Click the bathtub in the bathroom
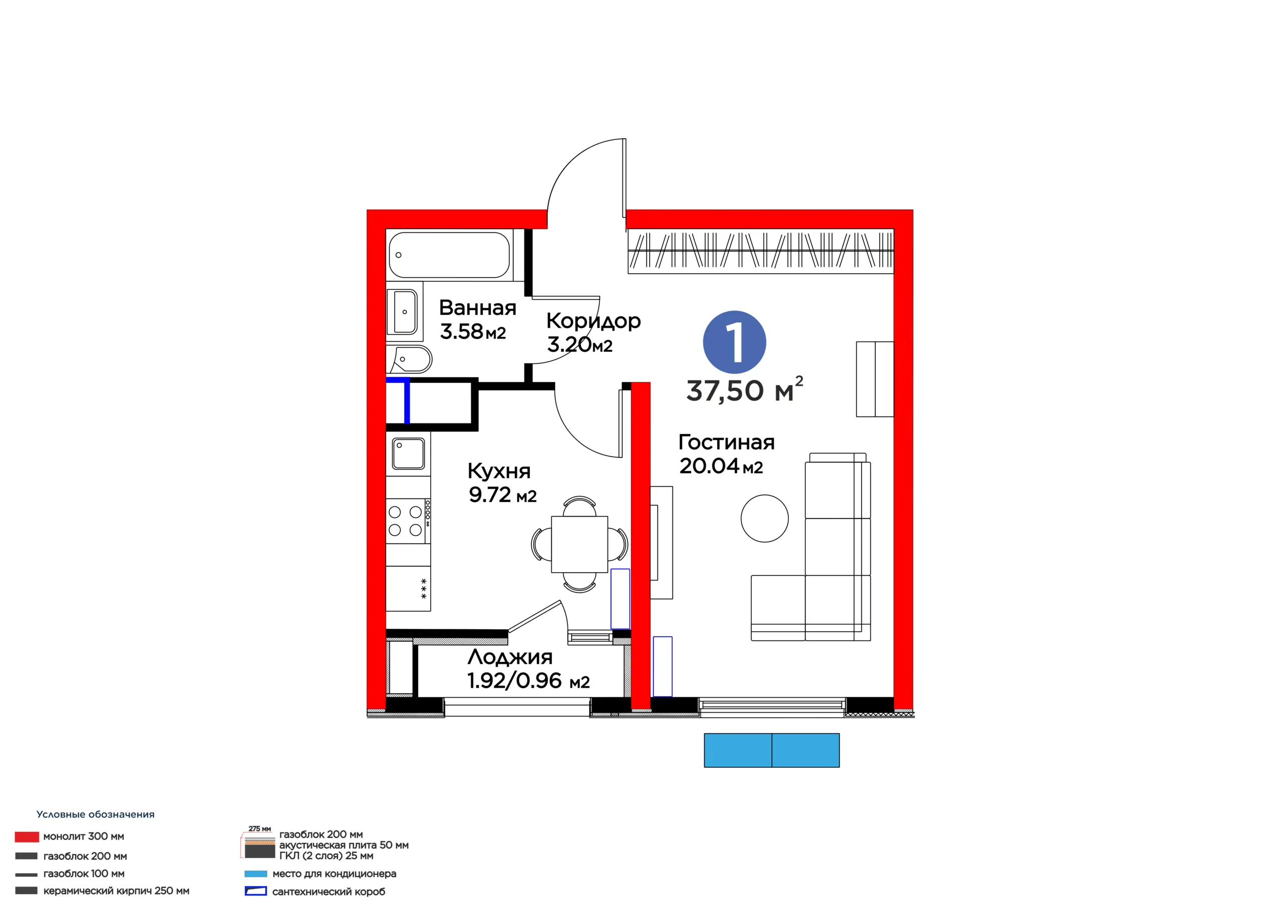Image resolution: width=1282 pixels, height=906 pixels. pyautogui.click(x=450, y=255)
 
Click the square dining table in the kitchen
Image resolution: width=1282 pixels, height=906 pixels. pyautogui.click(x=579, y=544)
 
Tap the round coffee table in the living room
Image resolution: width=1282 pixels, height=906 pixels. pyautogui.click(x=764, y=518)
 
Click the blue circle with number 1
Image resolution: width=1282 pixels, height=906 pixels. pyautogui.click(x=734, y=342)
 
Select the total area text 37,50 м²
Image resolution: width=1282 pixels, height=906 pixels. pyautogui.click(x=745, y=389)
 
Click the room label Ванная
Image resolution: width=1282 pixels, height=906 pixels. pyautogui.click(x=477, y=307)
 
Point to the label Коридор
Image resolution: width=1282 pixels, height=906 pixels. pyautogui.click(x=593, y=321)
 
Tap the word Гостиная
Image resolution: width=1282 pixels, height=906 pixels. pyautogui.click(x=727, y=442)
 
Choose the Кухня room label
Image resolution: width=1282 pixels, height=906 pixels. pyautogui.click(x=499, y=472)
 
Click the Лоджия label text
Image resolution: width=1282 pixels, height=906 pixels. pyautogui.click(x=510, y=658)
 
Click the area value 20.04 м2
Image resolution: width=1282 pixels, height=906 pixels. pyautogui.click(x=721, y=466)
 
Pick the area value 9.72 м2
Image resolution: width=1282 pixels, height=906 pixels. pyautogui.click(x=502, y=495)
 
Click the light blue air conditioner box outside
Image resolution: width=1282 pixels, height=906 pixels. pyautogui.click(x=772, y=750)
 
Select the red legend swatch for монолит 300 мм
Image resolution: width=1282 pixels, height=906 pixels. pyautogui.click(x=27, y=837)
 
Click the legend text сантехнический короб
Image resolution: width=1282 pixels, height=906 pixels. pyautogui.click(x=329, y=891)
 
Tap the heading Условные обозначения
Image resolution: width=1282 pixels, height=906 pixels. pyautogui.click(x=96, y=814)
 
